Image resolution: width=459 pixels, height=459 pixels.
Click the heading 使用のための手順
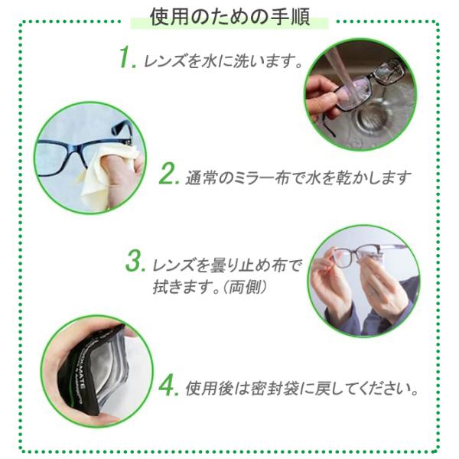coord(230,18)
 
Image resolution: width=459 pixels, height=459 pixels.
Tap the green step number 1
coord(128,57)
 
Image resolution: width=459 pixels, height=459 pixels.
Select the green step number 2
coord(169,174)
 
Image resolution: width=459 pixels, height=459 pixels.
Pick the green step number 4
coord(168,386)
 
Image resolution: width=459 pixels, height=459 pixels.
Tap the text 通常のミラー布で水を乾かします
coord(298,177)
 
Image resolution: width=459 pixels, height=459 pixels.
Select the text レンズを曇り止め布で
coord(226,265)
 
